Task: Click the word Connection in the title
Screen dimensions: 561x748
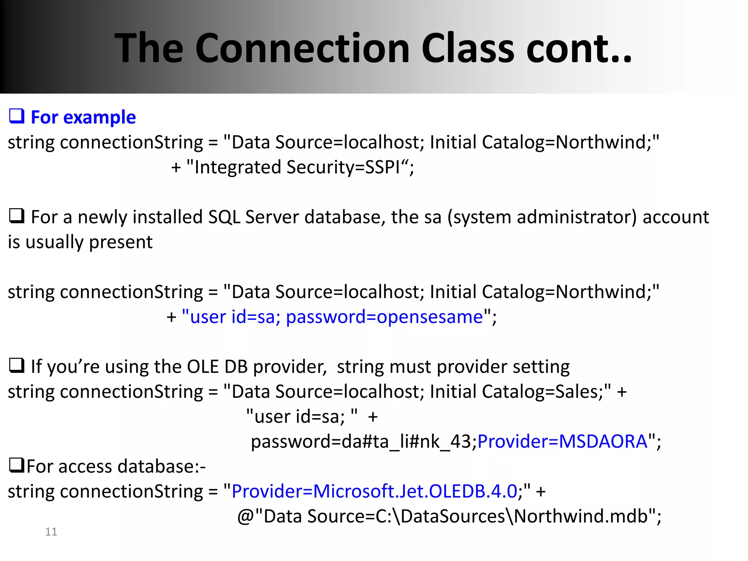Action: (x=302, y=48)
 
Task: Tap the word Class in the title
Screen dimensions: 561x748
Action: (x=468, y=48)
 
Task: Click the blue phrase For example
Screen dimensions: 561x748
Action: (x=83, y=118)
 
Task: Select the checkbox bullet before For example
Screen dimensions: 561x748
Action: (x=17, y=117)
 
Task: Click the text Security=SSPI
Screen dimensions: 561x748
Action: (x=343, y=167)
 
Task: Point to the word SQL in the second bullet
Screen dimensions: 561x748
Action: (x=224, y=217)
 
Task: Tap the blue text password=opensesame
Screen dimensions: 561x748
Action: (x=384, y=317)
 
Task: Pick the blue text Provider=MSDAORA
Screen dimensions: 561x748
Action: (x=562, y=442)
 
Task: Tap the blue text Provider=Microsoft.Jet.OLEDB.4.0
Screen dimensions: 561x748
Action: (x=374, y=492)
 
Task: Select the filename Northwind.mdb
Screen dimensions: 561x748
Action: (x=581, y=516)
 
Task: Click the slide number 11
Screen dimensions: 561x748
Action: (x=51, y=532)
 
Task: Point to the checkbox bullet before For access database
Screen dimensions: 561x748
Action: (x=17, y=466)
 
